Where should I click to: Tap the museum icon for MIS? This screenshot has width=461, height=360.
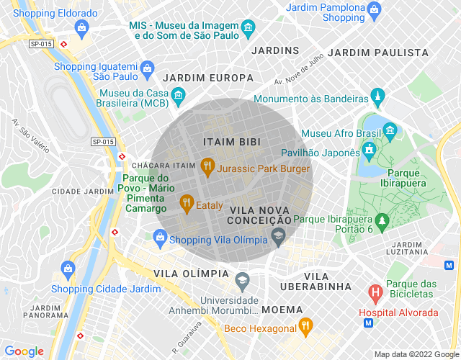click(x=249, y=29)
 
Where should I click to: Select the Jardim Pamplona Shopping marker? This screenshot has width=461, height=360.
click(x=374, y=10)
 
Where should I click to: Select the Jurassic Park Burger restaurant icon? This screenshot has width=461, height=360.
click(x=207, y=166)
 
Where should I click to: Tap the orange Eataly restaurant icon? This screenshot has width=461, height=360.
click(x=187, y=204)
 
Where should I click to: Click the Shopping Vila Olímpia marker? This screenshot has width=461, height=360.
click(x=159, y=236)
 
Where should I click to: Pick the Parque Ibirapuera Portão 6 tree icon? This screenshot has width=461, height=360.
click(x=382, y=218)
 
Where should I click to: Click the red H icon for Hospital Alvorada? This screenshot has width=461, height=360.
click(x=375, y=293)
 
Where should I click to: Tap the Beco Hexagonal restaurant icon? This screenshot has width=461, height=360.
click(x=305, y=326)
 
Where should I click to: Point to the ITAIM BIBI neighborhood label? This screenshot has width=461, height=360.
click(x=231, y=141)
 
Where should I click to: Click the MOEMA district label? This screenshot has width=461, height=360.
click(x=282, y=309)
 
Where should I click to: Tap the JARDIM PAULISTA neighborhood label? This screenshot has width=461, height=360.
click(x=378, y=53)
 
